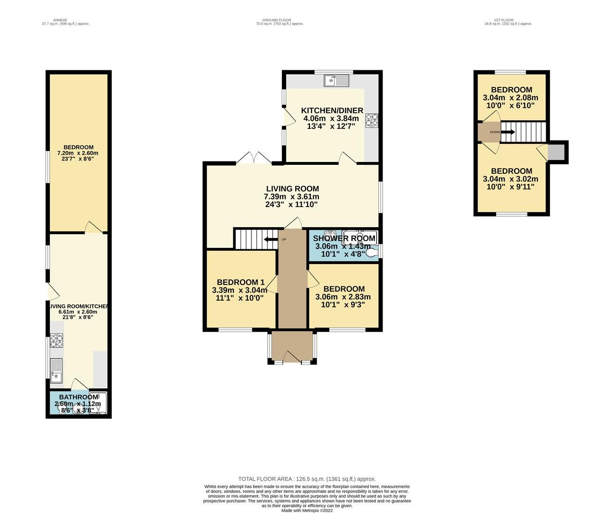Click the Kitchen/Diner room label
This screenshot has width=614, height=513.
[332, 111]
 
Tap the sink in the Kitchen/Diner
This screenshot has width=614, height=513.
[336, 81]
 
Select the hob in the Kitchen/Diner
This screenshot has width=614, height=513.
[372, 121]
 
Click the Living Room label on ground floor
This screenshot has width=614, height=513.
[292, 189]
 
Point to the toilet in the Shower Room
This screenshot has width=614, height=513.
[373, 253]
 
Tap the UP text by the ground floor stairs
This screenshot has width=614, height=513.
[284, 239]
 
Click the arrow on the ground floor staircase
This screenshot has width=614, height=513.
[271, 239]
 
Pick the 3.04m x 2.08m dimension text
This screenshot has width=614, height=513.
[510, 98]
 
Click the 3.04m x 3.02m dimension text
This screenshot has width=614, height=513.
[510, 179]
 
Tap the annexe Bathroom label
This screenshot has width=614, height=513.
[78, 397]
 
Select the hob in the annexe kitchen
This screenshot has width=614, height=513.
[57, 342]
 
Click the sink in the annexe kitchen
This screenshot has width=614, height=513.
[56, 370]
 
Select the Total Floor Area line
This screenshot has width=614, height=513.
[307, 479]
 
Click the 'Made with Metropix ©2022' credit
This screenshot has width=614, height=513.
[307, 511]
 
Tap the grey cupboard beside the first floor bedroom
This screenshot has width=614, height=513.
[555, 152]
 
